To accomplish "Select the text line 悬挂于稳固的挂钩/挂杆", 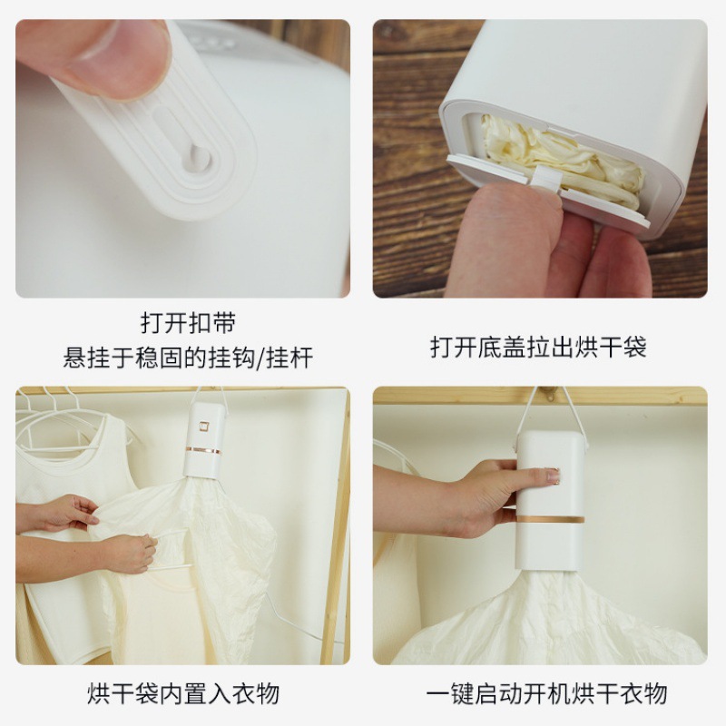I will coord(188,358).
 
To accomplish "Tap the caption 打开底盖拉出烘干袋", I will coord(538,347).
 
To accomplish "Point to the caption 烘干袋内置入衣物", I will coord(182,694).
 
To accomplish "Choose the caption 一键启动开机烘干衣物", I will coord(547,694).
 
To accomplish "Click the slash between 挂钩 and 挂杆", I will coord(264,358).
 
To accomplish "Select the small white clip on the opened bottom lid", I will coord(542,178).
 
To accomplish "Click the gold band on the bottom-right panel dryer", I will coord(550,519).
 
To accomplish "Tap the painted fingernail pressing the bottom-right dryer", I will coord(553,476).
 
